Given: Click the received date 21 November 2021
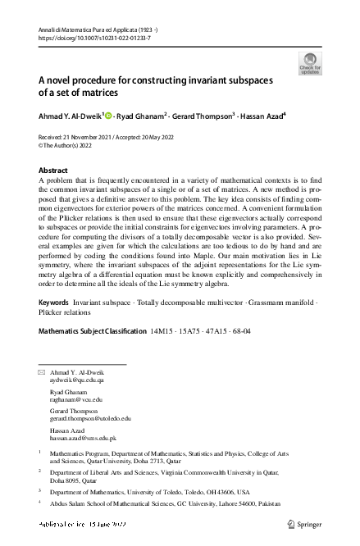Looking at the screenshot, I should click(91, 137).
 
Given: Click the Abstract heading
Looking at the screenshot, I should click(53, 171).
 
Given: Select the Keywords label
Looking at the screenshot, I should click(54, 303).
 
